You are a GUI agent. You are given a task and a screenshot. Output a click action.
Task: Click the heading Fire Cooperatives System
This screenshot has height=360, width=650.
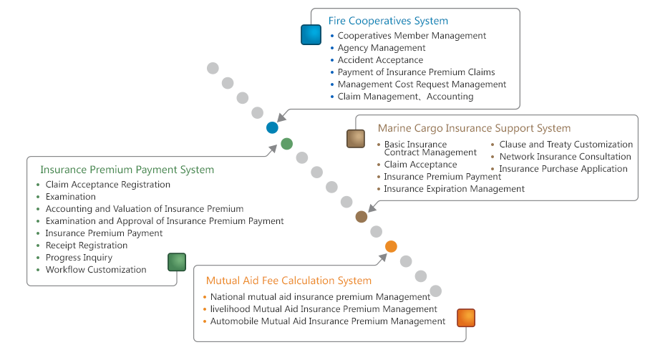388,21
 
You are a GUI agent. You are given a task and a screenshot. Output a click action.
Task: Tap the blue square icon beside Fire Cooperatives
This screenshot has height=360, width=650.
311,35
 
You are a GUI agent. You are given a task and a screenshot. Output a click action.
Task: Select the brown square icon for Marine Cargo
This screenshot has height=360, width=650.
356,139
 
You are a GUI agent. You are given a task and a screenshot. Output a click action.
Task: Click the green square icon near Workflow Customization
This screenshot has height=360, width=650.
177,262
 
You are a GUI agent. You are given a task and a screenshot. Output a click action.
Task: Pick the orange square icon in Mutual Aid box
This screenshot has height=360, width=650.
466,318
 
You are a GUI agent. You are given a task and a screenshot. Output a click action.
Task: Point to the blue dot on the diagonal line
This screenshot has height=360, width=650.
272,127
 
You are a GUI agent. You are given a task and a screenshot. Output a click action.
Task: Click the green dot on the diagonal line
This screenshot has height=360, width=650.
287,144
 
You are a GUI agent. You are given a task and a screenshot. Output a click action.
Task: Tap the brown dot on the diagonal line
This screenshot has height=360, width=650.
362,217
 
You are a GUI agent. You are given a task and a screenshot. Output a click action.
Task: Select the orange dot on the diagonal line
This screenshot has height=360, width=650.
391,246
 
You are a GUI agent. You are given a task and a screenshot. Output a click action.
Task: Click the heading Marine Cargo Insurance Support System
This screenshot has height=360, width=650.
474,128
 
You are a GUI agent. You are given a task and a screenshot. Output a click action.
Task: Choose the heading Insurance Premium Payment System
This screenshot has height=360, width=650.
127,170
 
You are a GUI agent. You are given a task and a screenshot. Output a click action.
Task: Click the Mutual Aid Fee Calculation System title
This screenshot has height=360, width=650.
288,281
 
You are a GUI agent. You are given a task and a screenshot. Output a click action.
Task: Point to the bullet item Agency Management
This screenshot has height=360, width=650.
382,48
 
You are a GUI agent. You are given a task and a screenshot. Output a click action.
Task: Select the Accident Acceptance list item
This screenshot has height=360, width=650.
380,60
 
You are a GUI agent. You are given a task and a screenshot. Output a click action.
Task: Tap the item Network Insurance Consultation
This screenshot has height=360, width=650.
565,157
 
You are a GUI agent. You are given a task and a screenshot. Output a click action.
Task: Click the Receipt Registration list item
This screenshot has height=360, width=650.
87,245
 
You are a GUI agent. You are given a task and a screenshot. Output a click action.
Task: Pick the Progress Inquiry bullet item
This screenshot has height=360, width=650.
79,258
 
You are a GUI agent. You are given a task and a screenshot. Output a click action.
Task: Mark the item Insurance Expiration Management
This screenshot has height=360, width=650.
455,189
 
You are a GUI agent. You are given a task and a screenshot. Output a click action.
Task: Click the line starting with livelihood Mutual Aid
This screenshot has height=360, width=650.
324,309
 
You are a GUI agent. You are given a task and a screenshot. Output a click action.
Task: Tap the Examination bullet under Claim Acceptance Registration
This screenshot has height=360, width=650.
70,197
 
